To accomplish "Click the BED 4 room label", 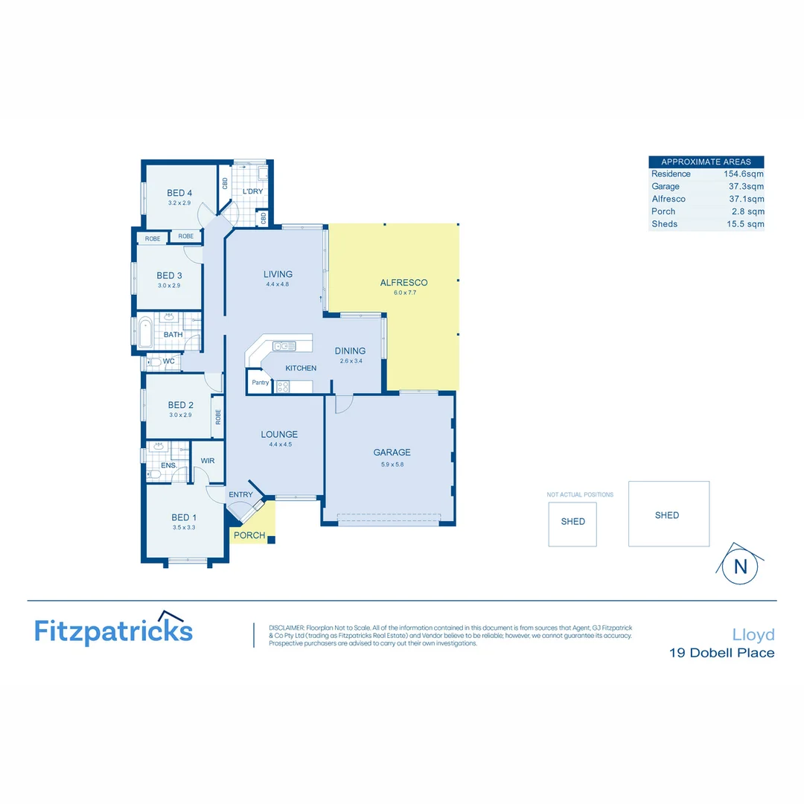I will tap(180, 193).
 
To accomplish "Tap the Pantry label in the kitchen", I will tap(260, 383).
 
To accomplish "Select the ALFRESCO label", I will tap(403, 283).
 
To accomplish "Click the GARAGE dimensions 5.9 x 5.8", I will tap(392, 465).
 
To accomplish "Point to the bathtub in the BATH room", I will tap(145, 334).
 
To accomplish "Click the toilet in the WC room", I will tap(153, 363).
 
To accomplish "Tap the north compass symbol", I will tap(740, 565).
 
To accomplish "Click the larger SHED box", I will tap(668, 514).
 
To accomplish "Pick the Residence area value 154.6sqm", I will tap(744, 174).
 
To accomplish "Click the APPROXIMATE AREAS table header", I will tap(706, 162).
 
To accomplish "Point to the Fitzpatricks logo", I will tap(114, 630).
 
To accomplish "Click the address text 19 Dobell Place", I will tap(721, 654).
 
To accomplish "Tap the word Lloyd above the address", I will tap(753, 635).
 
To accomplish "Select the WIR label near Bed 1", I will tap(208, 461).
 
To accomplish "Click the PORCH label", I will tap(249, 535).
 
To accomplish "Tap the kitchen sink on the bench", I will tap(284, 345).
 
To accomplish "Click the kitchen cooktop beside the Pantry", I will tap(283, 386).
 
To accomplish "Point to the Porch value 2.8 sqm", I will tap(747, 211).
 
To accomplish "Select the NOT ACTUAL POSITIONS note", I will tap(580, 494).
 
